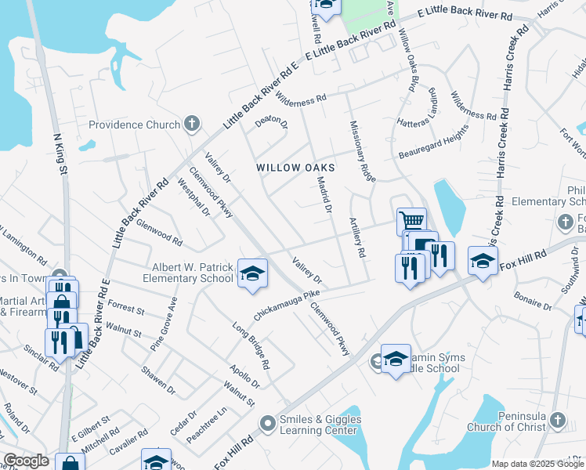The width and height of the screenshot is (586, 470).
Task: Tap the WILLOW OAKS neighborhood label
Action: tap(295, 168)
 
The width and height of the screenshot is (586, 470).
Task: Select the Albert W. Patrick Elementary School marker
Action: tap(252, 273)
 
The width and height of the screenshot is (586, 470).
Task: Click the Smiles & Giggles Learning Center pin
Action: tap(268, 424)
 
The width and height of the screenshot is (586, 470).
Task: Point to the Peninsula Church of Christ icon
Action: tap(556, 420)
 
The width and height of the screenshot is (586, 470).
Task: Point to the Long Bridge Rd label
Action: tap(251, 345)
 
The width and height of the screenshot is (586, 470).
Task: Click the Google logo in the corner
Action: tap(26, 461)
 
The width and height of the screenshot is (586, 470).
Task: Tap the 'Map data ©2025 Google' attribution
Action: tap(537, 464)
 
